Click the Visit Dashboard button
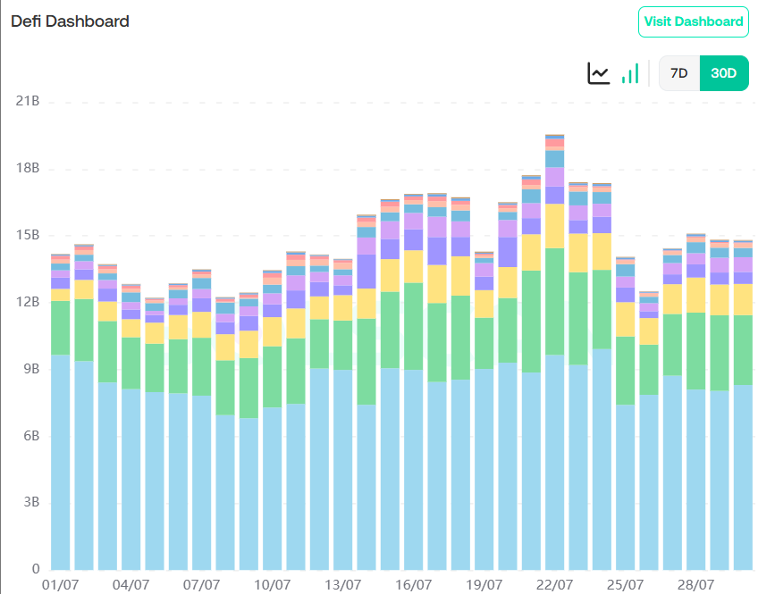click(x=693, y=21)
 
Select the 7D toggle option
click(x=679, y=73)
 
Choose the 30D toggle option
click(x=723, y=73)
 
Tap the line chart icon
click(x=598, y=73)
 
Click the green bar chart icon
click(x=630, y=73)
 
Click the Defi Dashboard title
click(x=70, y=21)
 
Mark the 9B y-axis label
click(x=29, y=369)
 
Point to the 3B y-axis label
click(x=29, y=502)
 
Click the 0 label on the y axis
click(x=36, y=569)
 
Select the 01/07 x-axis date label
click(x=61, y=585)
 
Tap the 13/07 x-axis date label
click(x=343, y=585)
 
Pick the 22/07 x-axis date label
click(x=554, y=585)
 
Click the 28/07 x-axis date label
click(x=695, y=585)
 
